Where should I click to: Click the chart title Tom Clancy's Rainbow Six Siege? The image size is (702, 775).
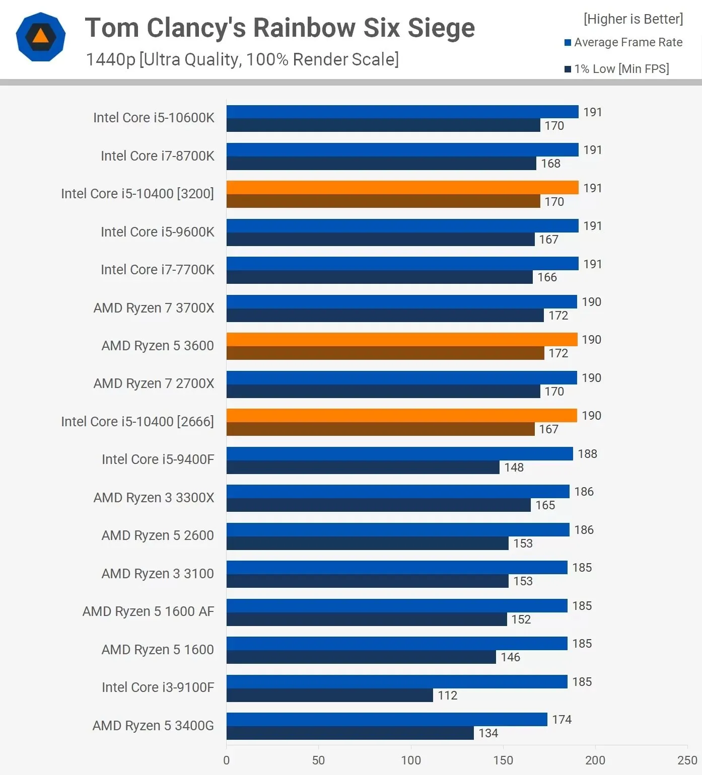tap(279, 28)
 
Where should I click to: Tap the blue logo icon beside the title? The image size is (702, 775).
tap(40, 37)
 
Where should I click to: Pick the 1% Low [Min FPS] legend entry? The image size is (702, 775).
tap(617, 69)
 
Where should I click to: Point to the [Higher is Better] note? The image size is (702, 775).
tap(633, 19)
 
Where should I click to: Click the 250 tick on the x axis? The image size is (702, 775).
tap(687, 760)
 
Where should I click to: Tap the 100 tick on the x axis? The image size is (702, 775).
tap(411, 760)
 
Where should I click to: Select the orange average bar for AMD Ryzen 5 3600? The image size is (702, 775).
tap(401, 339)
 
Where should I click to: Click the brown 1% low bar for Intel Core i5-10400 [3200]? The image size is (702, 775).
tap(383, 201)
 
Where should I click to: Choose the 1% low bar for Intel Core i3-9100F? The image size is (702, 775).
tap(329, 695)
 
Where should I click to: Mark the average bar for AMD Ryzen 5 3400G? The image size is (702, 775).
tap(386, 719)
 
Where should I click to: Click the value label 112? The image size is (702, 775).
tap(447, 695)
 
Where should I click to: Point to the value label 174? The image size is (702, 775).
tap(561, 720)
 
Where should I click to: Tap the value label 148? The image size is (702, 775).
tap(514, 468)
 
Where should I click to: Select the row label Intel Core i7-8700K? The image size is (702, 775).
tap(157, 156)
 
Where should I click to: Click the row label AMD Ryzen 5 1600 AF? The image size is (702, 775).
tap(148, 611)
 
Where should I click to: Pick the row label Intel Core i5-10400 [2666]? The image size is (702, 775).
tap(137, 422)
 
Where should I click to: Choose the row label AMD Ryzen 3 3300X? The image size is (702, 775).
tap(154, 498)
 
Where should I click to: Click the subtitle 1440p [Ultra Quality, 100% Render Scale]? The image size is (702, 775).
tap(242, 59)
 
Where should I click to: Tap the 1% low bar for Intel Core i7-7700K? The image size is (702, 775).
tap(379, 277)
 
